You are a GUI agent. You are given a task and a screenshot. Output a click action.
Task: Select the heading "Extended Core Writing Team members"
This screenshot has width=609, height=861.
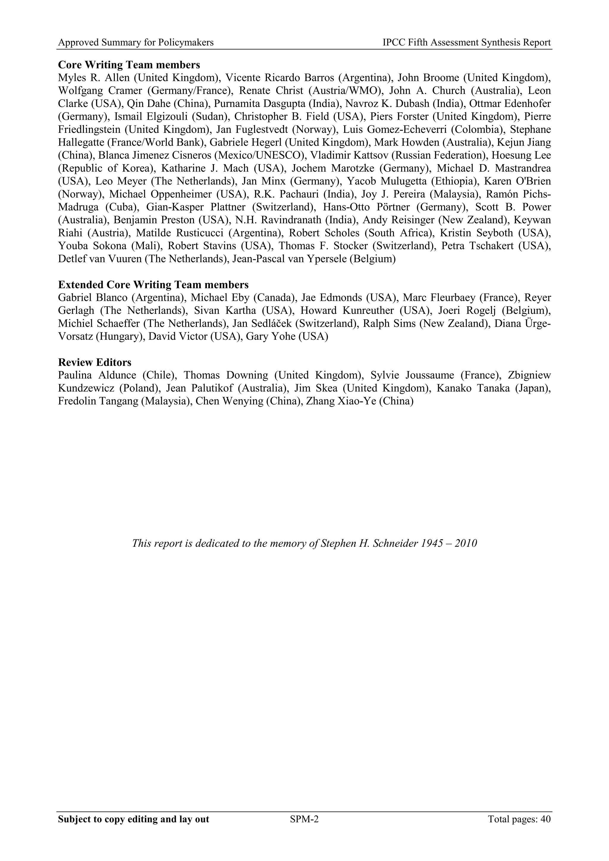153,285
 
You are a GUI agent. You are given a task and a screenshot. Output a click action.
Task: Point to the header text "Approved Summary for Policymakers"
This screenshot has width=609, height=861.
136,43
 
